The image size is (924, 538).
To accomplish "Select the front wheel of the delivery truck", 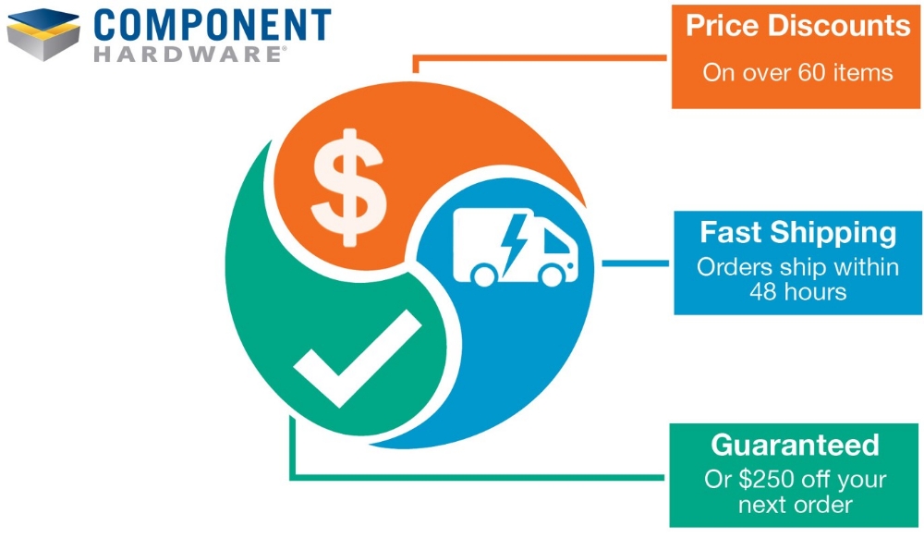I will pos(553,275).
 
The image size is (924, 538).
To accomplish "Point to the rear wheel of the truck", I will pos(483,275).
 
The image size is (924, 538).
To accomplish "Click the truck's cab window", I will pos(554,242).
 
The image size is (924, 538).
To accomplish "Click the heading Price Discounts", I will pos(797,26).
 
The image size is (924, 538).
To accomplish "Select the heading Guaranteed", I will pos(795,446).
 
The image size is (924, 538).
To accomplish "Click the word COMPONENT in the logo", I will pos(212,24).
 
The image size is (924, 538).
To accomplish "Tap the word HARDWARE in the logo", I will pos(188,54).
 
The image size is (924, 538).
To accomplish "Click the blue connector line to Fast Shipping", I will pos(635,263).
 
